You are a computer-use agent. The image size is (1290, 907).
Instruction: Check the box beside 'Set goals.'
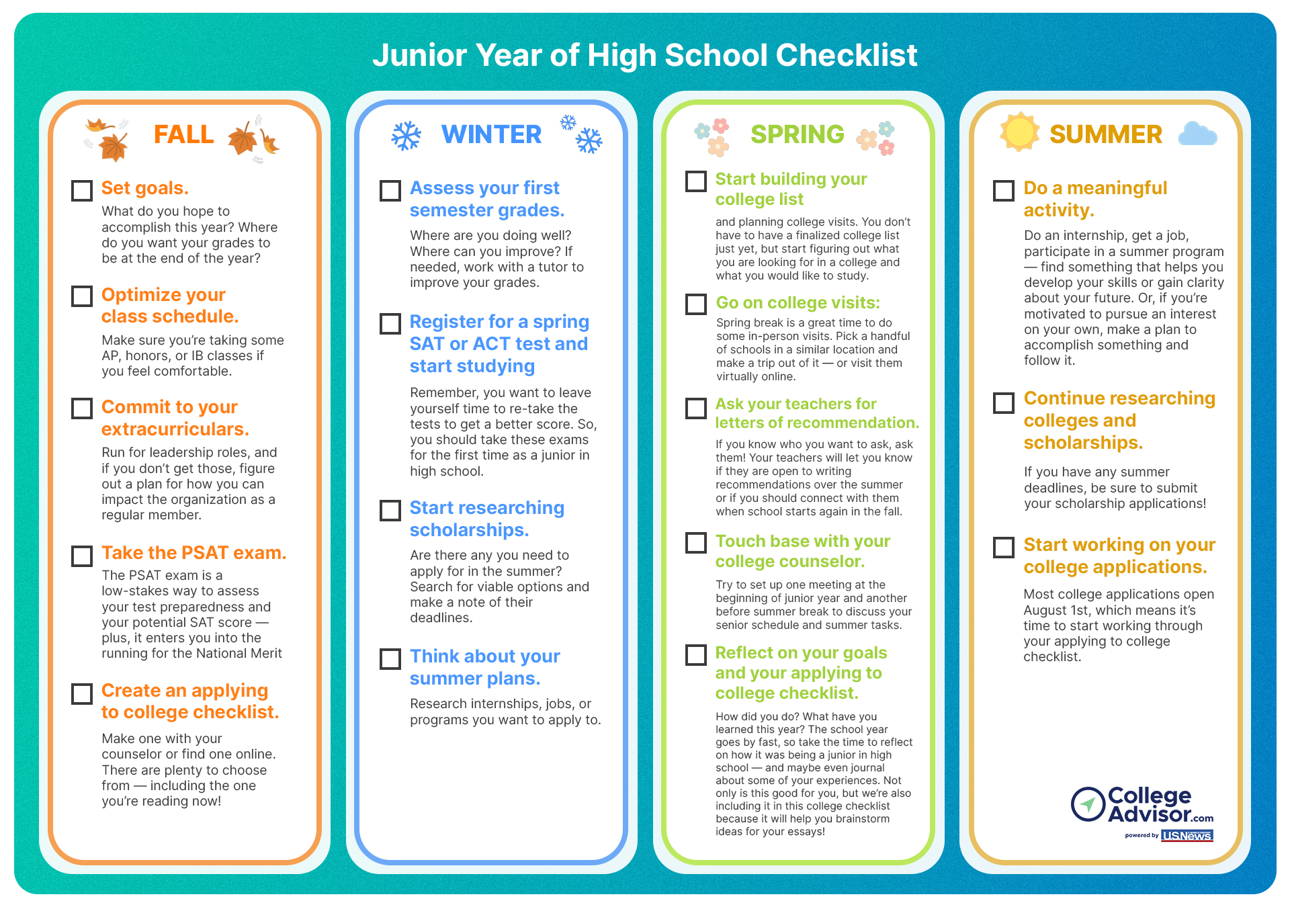[82, 191]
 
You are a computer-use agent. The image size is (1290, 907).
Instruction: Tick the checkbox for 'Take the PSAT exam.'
[82, 556]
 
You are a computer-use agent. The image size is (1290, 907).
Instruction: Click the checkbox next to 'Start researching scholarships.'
[390, 511]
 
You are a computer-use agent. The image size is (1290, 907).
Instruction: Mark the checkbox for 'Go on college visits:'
[696, 304]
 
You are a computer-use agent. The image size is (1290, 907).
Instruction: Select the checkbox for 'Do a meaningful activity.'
[1004, 191]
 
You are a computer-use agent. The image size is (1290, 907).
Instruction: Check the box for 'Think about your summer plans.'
[390, 659]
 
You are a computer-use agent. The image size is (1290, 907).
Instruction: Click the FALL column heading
[184, 134]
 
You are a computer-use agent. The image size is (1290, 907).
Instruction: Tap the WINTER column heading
[491, 134]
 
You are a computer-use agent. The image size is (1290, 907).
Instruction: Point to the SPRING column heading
[798, 134]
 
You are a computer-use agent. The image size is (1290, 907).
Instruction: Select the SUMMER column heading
[1106, 134]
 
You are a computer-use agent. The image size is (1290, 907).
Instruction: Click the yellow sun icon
[1019, 132]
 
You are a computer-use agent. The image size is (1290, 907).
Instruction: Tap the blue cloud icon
[1197, 134]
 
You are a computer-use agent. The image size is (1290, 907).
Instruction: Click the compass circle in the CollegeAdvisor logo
[1088, 804]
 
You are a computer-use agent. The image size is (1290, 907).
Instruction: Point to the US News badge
[1187, 836]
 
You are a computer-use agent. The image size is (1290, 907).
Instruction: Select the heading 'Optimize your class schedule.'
[170, 306]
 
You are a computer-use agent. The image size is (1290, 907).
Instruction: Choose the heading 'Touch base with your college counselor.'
[802, 551]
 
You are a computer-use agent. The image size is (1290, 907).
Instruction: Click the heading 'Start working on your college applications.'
[1119, 556]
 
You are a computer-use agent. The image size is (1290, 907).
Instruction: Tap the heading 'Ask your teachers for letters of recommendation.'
[816, 413]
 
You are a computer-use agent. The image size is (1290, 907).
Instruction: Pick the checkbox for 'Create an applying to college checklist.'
[82, 694]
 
